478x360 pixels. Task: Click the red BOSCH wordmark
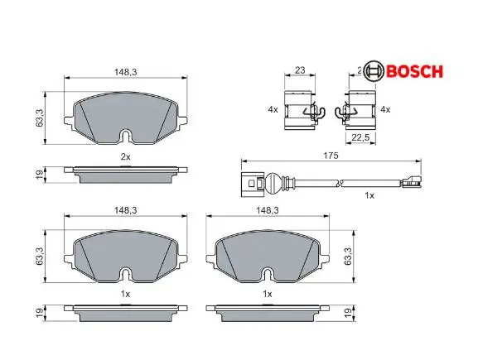[x=414, y=72]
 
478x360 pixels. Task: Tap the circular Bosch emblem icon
[x=373, y=72]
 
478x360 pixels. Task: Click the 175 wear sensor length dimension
[x=331, y=156]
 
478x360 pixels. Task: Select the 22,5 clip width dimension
[x=360, y=137]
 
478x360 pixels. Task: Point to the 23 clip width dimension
[x=300, y=70]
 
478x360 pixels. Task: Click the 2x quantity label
[x=126, y=157]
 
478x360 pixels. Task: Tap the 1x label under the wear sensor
[x=369, y=195]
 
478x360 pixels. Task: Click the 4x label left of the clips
[x=273, y=109]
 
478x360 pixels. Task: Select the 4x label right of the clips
[x=385, y=109]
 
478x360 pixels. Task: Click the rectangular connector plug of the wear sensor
[x=252, y=184]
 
